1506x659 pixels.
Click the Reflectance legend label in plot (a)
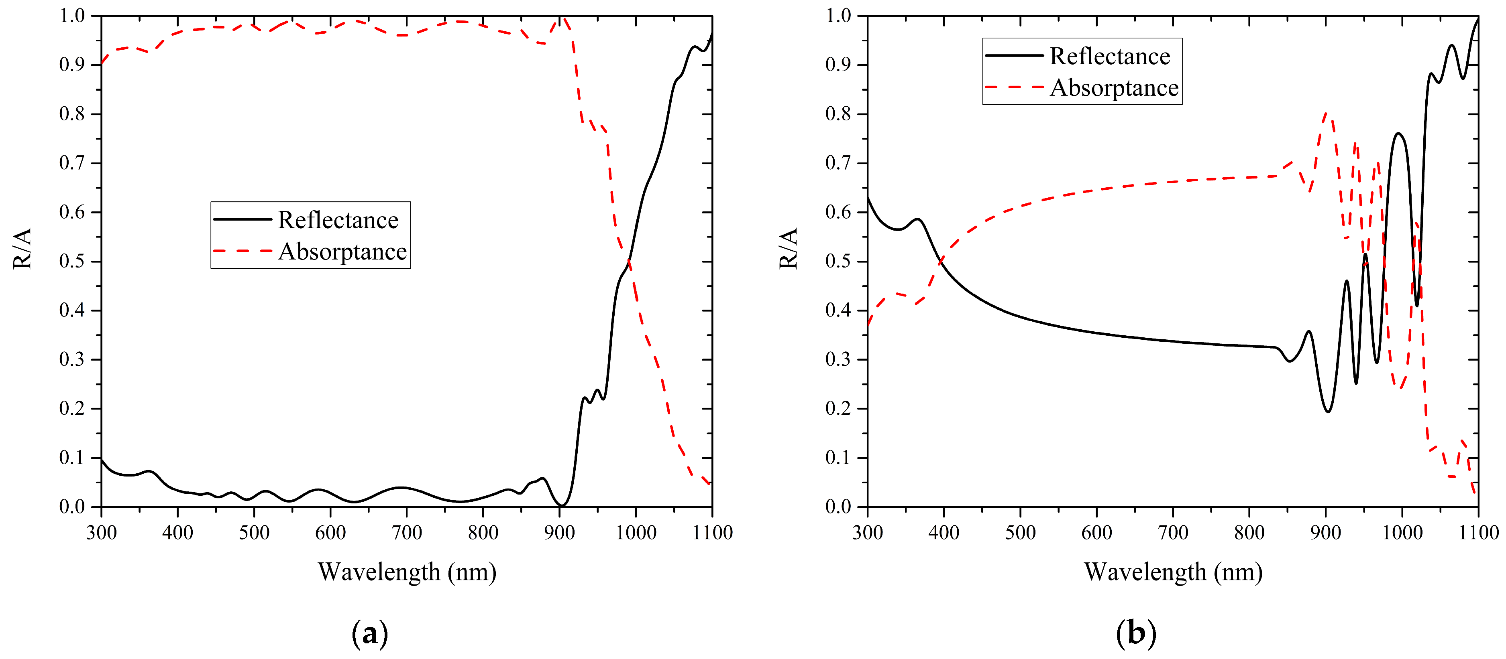pos(338,220)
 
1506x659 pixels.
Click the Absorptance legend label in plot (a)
pos(342,252)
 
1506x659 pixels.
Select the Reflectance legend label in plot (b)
pos(1110,57)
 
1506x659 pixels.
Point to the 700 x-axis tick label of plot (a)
pos(406,532)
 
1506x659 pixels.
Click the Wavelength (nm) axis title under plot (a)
pos(407,572)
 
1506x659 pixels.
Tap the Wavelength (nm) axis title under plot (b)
pos(1173,572)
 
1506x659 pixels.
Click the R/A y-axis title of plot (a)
pos(22,248)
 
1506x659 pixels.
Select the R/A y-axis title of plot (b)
pos(788,248)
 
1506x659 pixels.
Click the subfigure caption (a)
pos(369,633)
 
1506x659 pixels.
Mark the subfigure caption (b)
pos(1135,633)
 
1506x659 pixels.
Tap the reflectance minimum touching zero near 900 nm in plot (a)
pos(561,505)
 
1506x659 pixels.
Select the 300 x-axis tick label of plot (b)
pos(868,532)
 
